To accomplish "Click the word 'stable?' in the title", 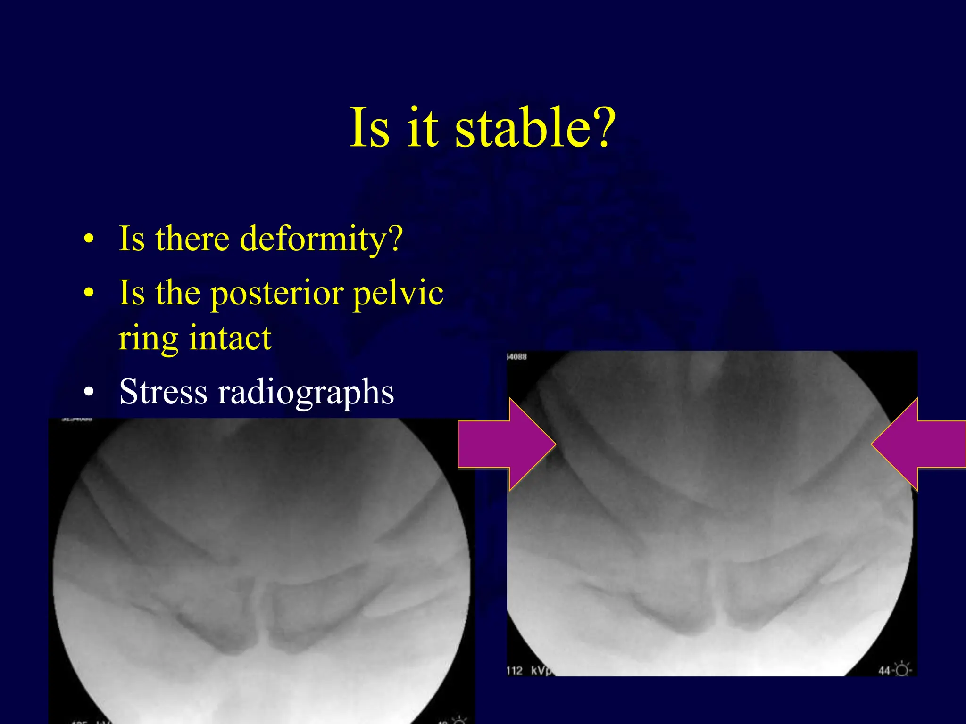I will pos(535,127).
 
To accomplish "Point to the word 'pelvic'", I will pos(398,293).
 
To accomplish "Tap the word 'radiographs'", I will pos(306,392).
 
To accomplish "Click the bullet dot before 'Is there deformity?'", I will pos(89,239).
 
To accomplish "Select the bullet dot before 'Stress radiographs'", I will pos(89,392).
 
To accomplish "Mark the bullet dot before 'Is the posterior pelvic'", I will pos(89,293).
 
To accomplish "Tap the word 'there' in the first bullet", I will pos(192,239).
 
